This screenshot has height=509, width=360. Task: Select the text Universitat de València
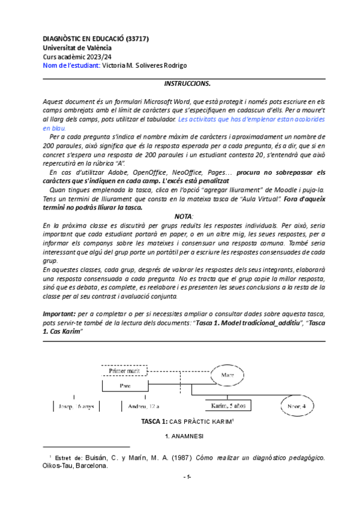pyautogui.click(x=77, y=47)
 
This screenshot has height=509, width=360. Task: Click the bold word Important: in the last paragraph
pyautogui.click(x=59, y=314)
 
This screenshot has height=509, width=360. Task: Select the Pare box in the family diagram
pyautogui.click(x=125, y=385)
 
